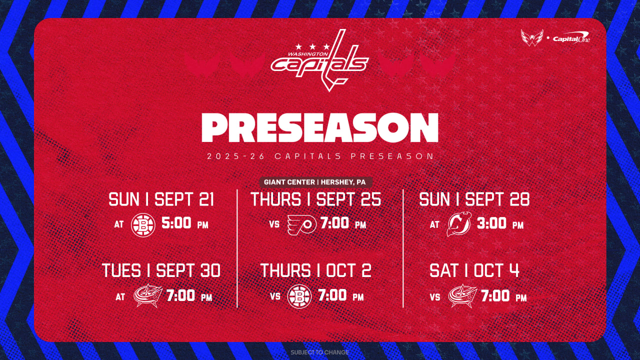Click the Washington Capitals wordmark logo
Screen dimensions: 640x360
(x=319, y=60)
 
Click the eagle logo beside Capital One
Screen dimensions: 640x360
(x=532, y=37)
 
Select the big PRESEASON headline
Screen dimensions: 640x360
(x=320, y=127)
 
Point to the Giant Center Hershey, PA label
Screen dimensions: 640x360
(x=315, y=182)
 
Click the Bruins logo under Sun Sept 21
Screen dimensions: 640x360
(x=143, y=225)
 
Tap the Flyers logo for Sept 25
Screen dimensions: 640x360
(x=301, y=225)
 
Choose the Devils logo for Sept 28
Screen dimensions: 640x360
(x=459, y=224)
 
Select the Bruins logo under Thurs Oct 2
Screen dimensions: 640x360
(x=299, y=296)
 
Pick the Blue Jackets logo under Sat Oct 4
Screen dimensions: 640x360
(x=462, y=295)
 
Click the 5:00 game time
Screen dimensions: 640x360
(x=176, y=223)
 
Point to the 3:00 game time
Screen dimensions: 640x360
(x=491, y=223)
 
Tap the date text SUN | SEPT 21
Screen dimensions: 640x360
(x=161, y=199)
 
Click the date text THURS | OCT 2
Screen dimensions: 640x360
(x=315, y=270)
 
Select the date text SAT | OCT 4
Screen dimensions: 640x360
(x=474, y=270)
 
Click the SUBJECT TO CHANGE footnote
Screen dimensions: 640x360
(x=319, y=352)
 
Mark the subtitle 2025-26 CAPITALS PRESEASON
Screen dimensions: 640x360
(x=320, y=156)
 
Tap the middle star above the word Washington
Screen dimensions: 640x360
(x=312, y=46)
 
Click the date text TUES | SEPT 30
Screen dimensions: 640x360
(x=161, y=270)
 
